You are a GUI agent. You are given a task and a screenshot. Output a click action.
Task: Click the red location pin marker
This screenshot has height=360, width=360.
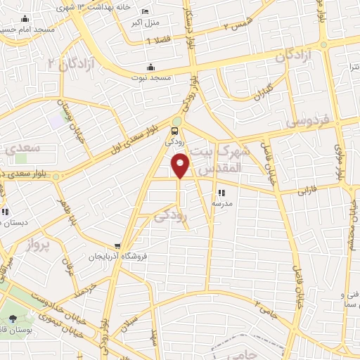coord(181,166)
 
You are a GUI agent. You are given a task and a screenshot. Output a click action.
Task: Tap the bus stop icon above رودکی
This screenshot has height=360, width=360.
coord(175,130)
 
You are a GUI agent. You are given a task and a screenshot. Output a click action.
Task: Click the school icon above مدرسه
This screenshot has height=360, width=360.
coord(221,192)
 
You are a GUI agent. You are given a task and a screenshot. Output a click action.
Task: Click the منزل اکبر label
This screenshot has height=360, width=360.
coord(145,22)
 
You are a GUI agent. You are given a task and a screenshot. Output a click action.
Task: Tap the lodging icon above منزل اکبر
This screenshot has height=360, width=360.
coord(145,12)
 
